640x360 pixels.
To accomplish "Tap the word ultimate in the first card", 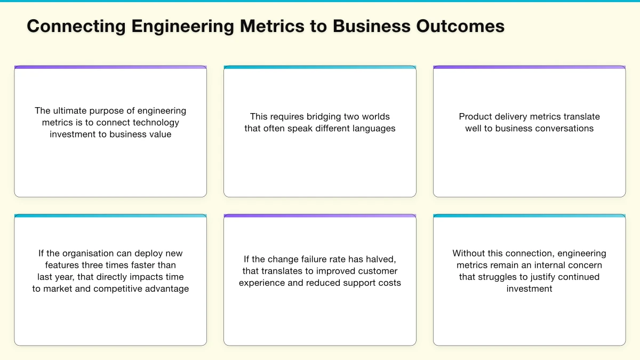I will click(x=71, y=111).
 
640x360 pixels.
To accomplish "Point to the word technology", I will click(x=157, y=123).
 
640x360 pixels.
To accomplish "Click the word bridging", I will click(x=325, y=117).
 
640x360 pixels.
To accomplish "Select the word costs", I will click(x=388, y=283).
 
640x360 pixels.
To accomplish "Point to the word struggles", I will click(x=498, y=277).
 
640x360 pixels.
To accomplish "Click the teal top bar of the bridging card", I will click(x=320, y=68).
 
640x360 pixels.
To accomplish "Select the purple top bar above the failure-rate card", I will click(x=320, y=216).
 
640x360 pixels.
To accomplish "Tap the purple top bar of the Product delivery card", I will click(x=529, y=68).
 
